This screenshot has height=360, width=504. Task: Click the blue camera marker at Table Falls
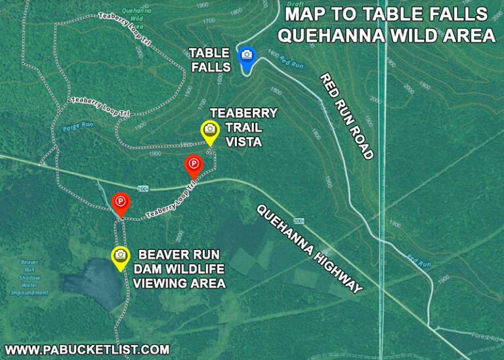click(247, 58)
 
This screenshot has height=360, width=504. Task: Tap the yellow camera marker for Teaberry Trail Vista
click(209, 131)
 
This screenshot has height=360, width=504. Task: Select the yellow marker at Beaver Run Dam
click(120, 256)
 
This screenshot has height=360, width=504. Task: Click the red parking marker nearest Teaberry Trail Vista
click(193, 164)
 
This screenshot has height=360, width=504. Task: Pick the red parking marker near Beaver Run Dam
click(121, 203)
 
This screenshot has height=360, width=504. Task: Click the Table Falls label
click(209, 59)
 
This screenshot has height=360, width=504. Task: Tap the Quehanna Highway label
click(308, 249)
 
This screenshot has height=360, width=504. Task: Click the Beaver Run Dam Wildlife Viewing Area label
click(179, 269)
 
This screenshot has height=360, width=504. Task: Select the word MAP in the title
click(305, 14)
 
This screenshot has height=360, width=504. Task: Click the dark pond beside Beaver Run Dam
click(95, 282)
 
